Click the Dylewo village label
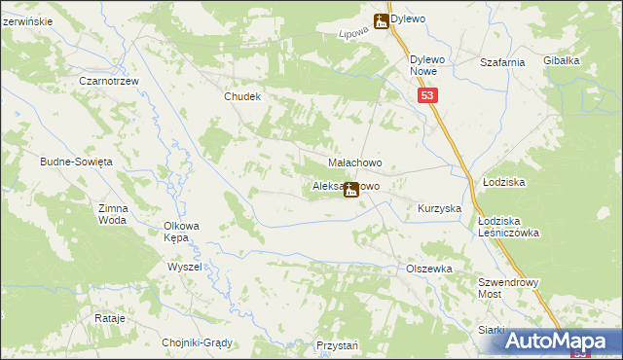click(x=409, y=18)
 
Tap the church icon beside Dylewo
click(x=382, y=19)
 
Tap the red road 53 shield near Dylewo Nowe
click(x=429, y=95)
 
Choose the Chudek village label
click(x=243, y=96)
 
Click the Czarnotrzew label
click(x=107, y=81)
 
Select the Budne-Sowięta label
click(x=77, y=161)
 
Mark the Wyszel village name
click(x=184, y=266)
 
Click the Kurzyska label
click(x=439, y=208)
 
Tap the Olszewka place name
click(x=429, y=268)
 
